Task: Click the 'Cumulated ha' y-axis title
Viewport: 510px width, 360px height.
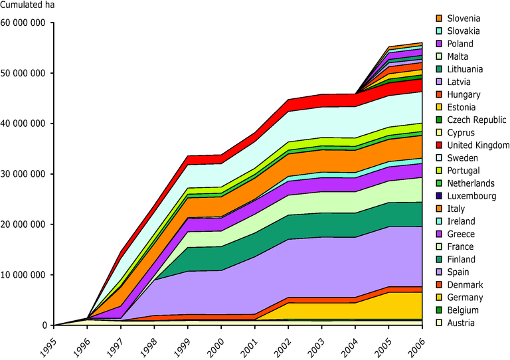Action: pos(27,7)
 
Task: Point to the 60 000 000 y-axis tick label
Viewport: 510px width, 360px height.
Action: pos(24,23)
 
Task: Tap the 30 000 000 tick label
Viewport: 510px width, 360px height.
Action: pos(24,174)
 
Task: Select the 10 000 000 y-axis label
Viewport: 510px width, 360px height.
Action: pos(24,274)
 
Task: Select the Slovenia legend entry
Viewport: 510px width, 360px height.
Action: pos(464,18)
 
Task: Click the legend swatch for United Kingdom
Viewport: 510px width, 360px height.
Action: pos(439,145)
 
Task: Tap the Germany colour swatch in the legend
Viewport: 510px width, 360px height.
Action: pos(439,298)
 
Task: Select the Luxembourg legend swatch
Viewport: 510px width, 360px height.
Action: pos(439,196)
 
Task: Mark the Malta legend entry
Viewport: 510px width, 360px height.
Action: pos(460,56)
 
